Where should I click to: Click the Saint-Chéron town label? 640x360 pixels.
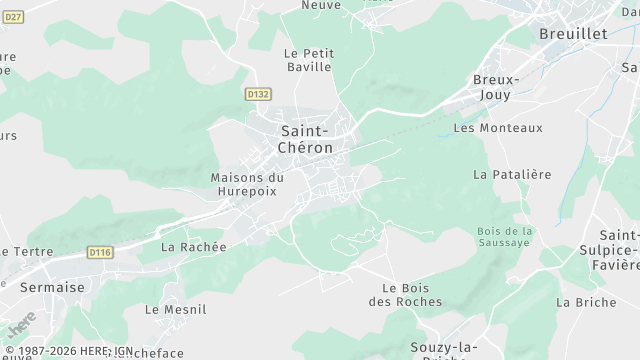coord(307,139)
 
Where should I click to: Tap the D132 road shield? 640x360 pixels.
coord(258,94)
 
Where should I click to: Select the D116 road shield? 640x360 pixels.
coord(100,252)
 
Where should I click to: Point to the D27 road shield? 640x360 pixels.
coord(13,17)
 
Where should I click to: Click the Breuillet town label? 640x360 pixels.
coord(573,33)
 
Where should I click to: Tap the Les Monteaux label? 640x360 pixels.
coord(498,128)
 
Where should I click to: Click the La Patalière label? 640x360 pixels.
coord(512,174)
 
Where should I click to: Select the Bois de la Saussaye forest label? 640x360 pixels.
coord(506,236)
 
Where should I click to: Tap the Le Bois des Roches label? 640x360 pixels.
coord(405,295)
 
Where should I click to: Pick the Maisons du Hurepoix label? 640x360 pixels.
coord(247,185)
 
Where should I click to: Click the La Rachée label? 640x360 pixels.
coord(194,246)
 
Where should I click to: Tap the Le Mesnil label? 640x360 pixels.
coord(175,310)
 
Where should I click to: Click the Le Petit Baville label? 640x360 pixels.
coord(308,60)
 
